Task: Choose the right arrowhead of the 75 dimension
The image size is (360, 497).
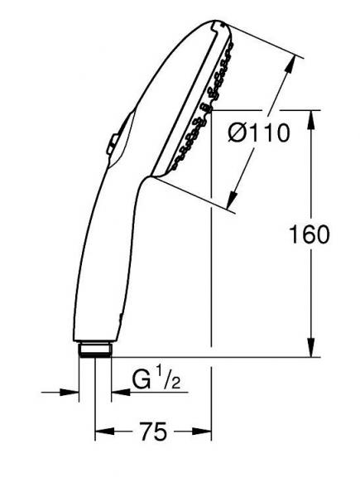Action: (x=206, y=432)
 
